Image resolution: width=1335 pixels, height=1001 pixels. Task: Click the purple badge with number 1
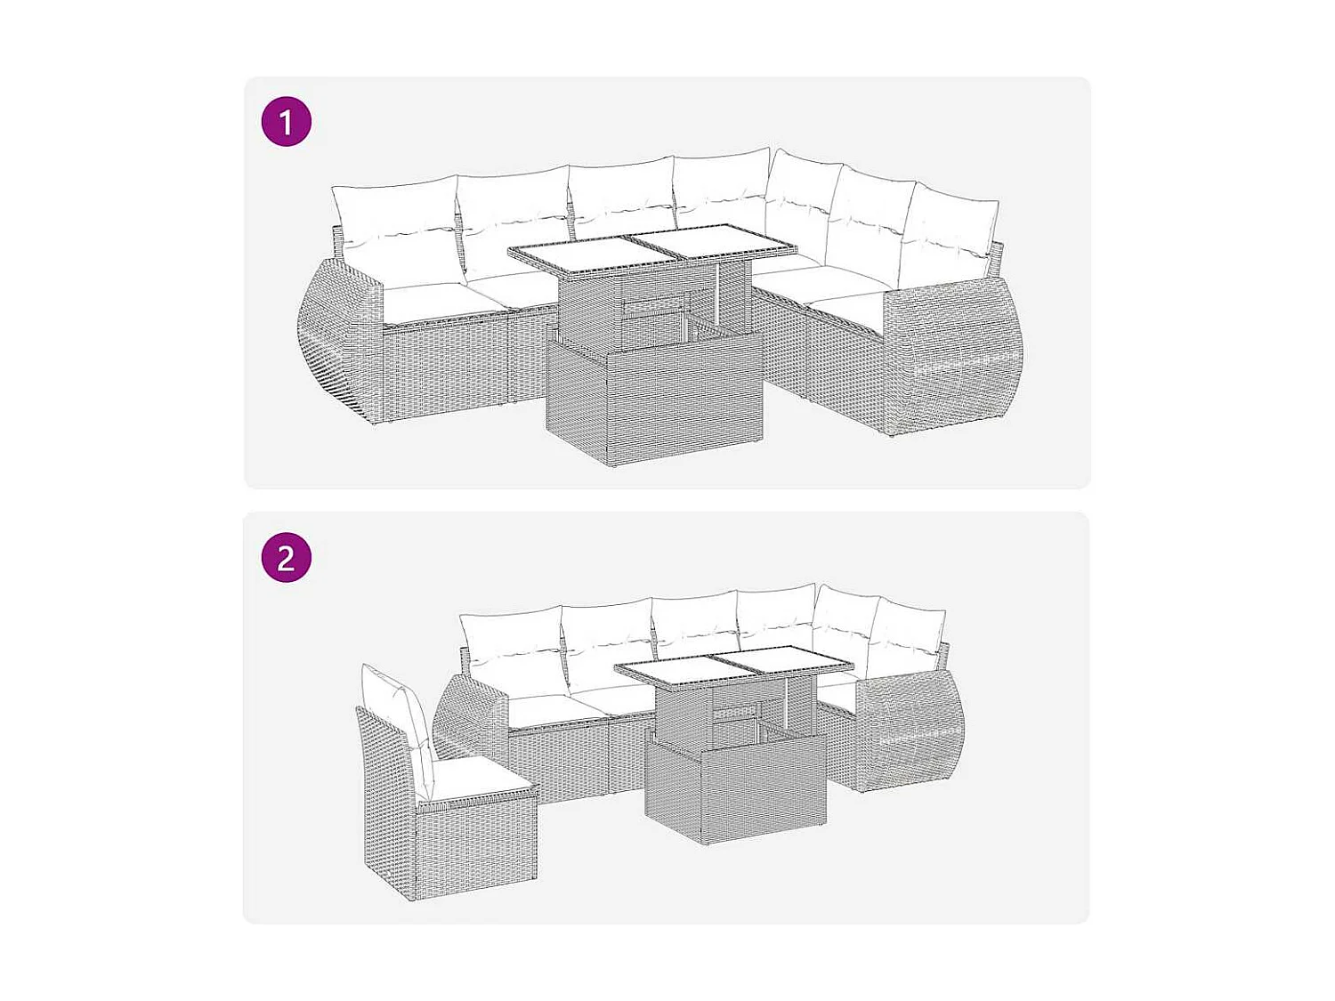click(x=286, y=122)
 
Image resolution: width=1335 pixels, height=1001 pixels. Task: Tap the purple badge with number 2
click(x=286, y=558)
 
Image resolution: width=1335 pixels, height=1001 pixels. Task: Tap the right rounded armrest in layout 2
click(x=912, y=739)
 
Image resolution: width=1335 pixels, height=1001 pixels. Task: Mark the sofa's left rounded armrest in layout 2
click(x=467, y=716)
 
